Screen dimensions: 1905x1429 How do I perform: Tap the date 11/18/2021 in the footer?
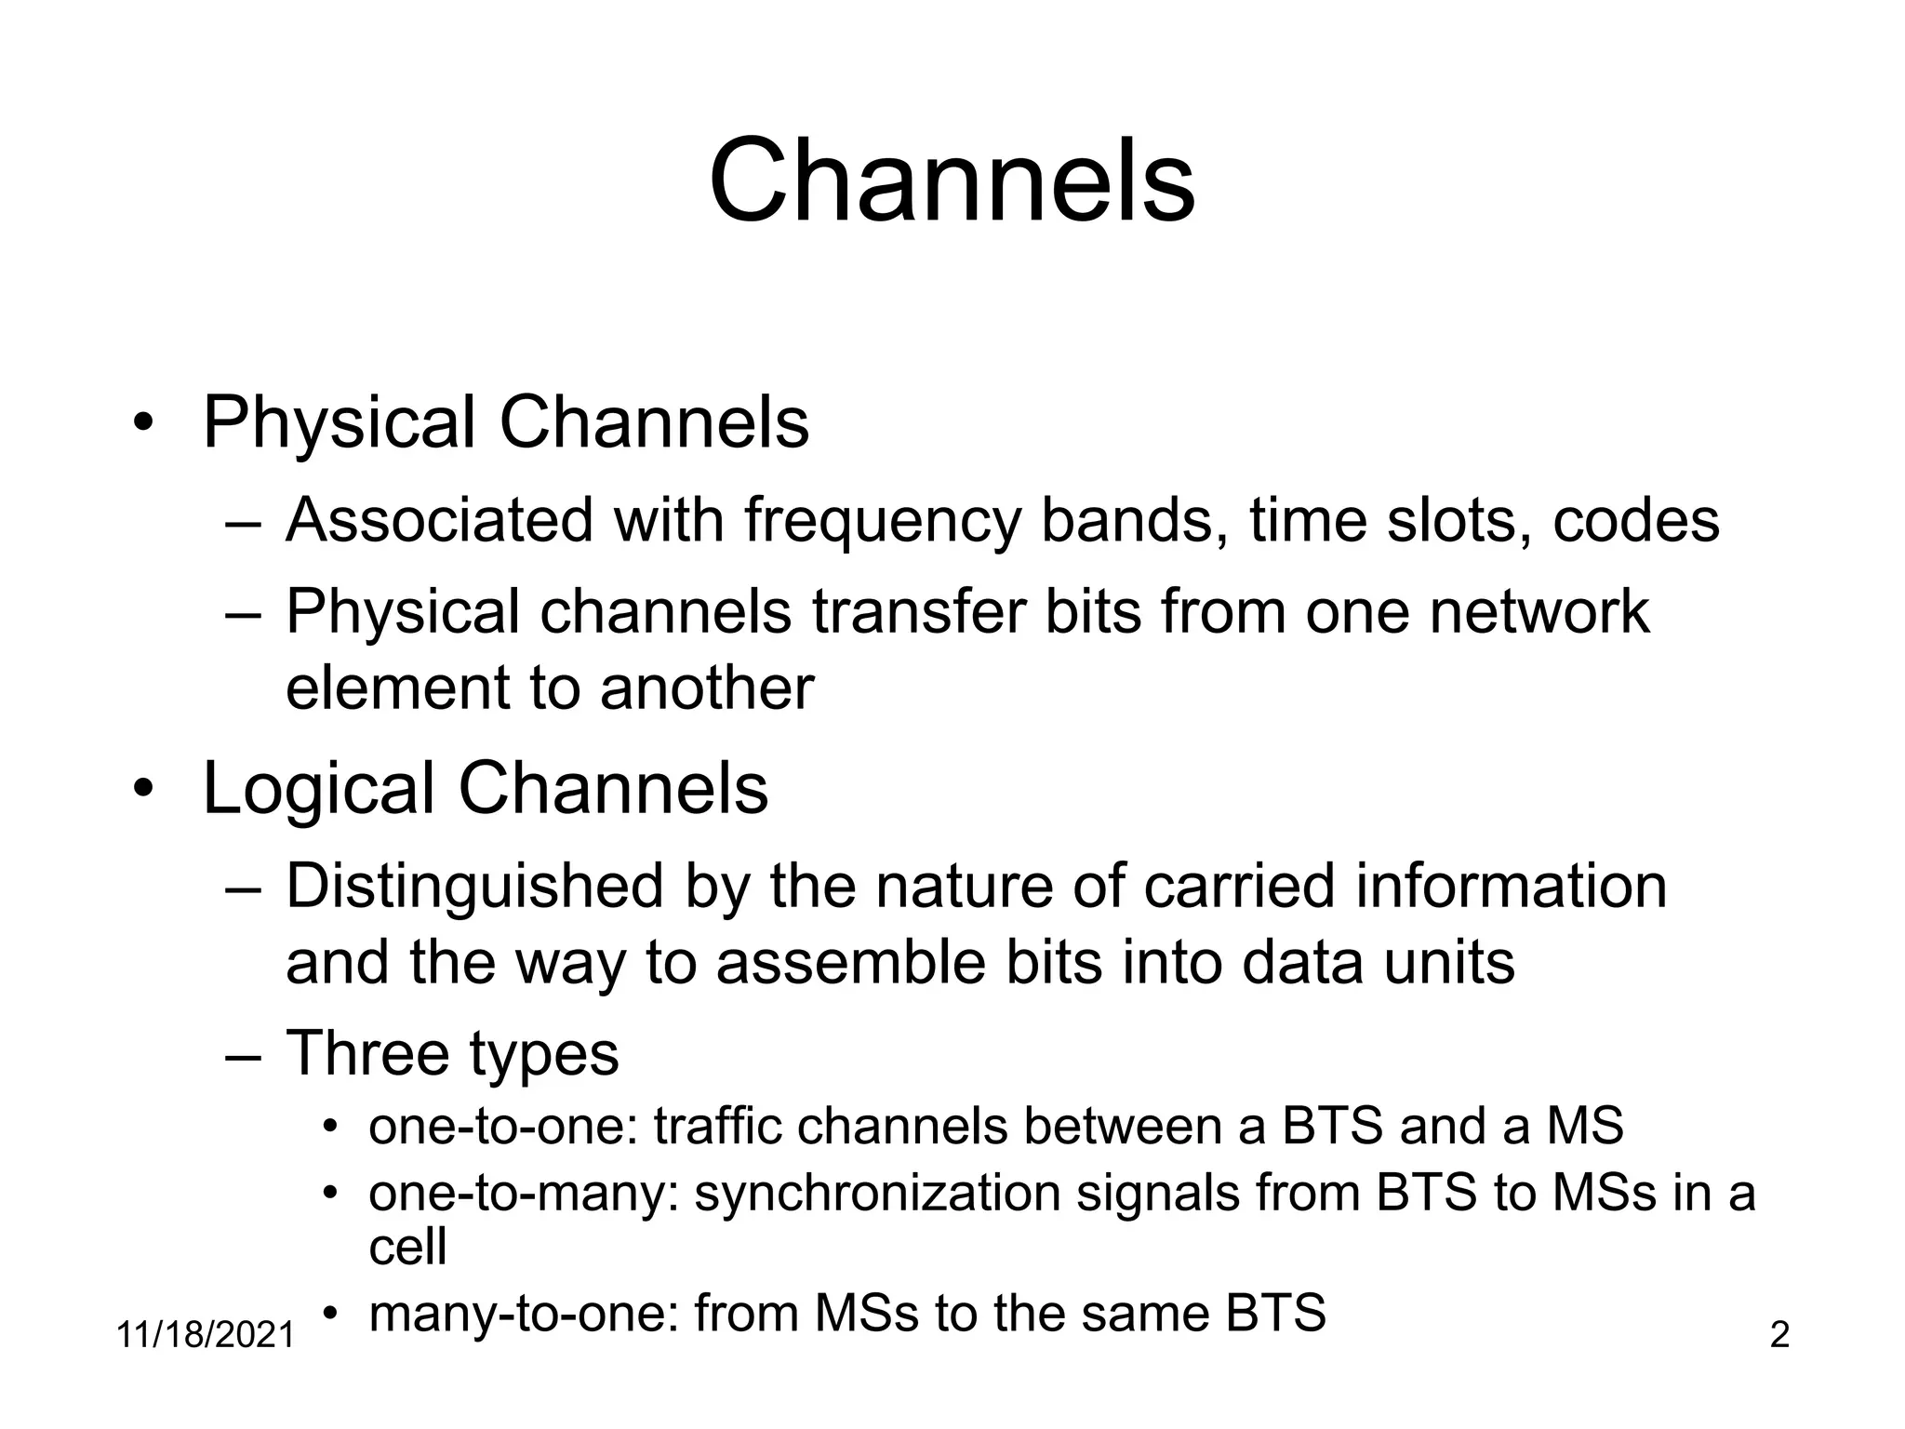tap(205, 1335)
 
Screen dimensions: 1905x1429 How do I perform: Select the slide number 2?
tap(1778, 1335)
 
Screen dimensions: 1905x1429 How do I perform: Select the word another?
tap(707, 688)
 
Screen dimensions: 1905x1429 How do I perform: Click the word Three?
tap(367, 1053)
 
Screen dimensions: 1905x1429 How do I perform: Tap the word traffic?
tap(716, 1126)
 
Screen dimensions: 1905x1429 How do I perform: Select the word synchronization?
tap(877, 1193)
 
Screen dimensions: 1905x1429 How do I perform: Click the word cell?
tap(407, 1246)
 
